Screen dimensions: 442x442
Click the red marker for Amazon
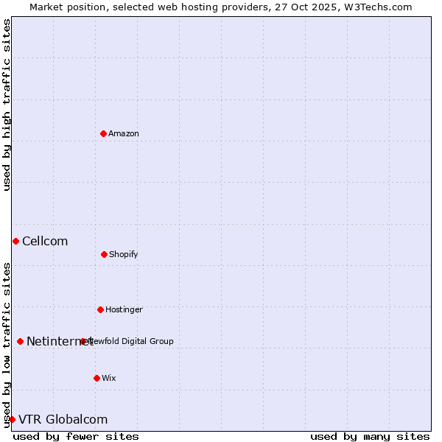(103, 133)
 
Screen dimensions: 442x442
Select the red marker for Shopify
(104, 254)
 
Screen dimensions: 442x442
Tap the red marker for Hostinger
(100, 309)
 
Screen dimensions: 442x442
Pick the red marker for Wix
(97, 378)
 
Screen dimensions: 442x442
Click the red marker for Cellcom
(15, 241)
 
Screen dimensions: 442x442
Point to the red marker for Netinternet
(20, 341)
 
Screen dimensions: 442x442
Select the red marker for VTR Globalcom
(12, 419)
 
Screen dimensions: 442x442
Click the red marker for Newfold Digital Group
(83, 341)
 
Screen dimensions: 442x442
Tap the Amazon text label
(124, 133)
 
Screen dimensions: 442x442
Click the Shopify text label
(124, 254)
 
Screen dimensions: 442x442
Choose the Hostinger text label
(124, 309)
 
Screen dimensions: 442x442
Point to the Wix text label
(109, 378)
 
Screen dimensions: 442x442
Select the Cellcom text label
(45, 241)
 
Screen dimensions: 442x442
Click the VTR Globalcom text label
(63, 419)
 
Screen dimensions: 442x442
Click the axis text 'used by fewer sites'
(76, 436)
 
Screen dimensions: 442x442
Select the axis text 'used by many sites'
(370, 436)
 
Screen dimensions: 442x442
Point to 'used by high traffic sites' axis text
(7, 105)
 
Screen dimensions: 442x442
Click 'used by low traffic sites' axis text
(7, 345)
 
